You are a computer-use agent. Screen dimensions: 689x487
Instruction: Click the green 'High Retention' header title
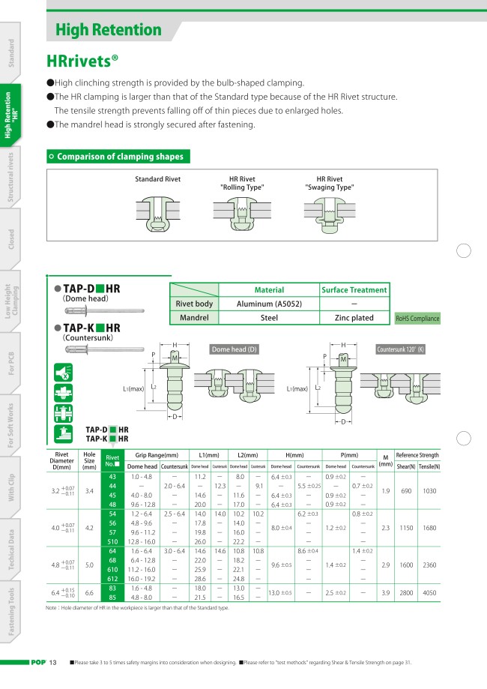[x=109, y=31]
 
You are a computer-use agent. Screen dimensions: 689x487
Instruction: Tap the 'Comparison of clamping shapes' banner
[x=119, y=157]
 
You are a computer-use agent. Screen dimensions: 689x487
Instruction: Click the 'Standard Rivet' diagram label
[x=157, y=179]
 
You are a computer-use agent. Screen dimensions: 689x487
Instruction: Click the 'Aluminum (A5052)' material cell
[x=268, y=304]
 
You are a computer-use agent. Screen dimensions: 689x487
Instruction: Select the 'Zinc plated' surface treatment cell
[x=354, y=318]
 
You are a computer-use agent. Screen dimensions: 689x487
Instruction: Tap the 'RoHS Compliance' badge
[x=417, y=319]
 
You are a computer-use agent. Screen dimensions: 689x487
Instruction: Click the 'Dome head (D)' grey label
[x=235, y=349]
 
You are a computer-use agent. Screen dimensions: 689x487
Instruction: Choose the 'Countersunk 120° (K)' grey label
[x=400, y=349]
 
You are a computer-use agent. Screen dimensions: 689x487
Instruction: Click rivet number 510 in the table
[x=112, y=542]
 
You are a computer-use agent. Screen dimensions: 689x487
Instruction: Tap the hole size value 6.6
[x=89, y=592]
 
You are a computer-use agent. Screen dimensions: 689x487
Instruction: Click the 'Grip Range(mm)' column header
[x=157, y=455]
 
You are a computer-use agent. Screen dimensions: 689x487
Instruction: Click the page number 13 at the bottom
[x=53, y=662]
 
